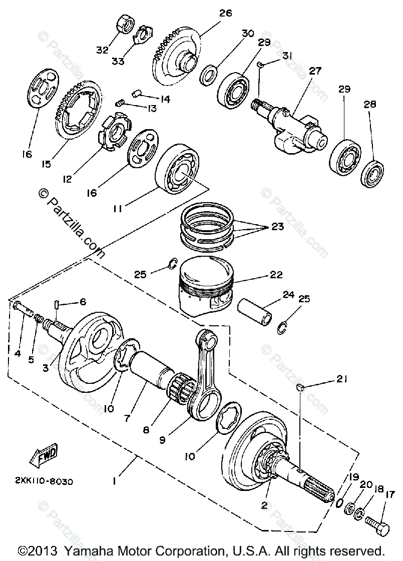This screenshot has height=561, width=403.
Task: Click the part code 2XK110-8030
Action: tap(44, 482)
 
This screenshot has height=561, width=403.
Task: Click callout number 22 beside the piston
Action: tap(276, 275)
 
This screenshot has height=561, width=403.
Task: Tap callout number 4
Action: tap(18, 353)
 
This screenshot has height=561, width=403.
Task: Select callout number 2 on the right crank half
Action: tap(264, 505)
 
